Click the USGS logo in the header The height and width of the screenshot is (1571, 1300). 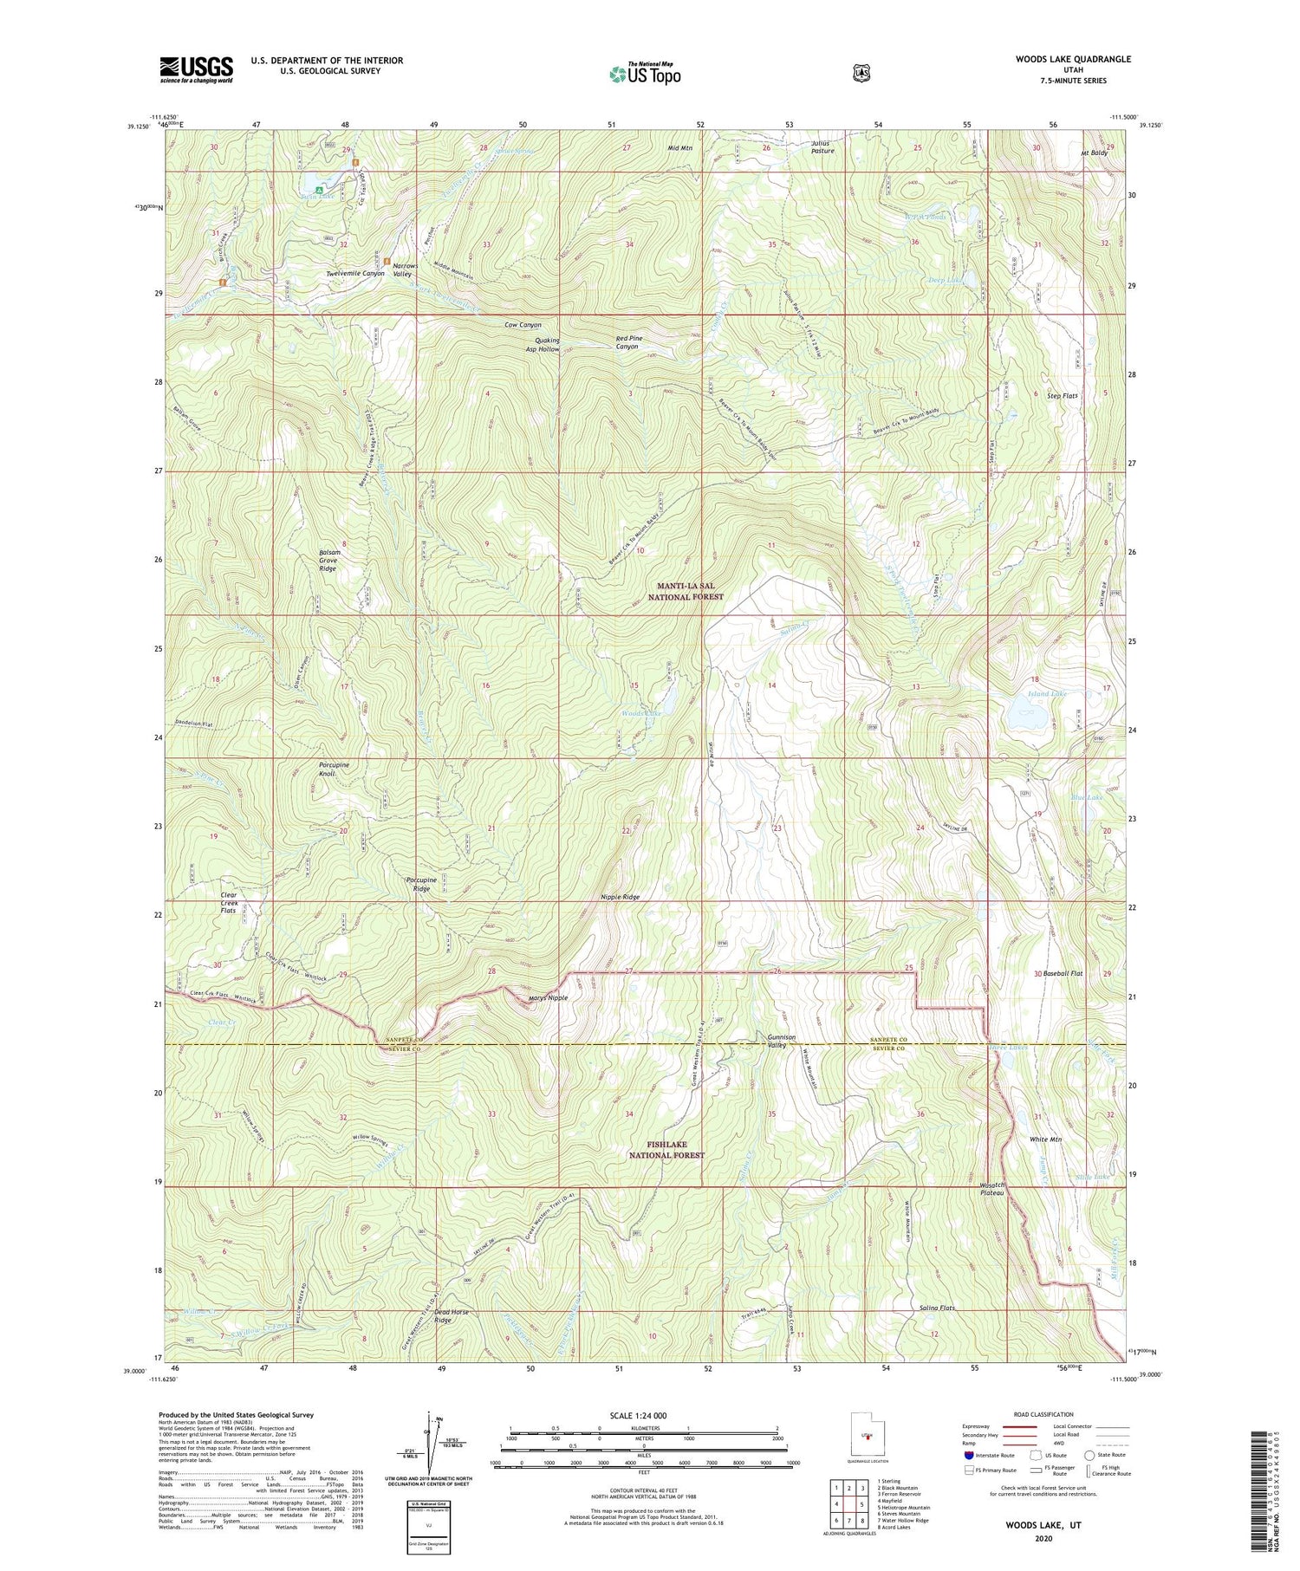[x=196, y=68]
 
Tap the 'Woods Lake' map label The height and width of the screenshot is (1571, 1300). [x=642, y=713]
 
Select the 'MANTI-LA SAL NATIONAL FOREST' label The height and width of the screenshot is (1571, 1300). [x=686, y=592]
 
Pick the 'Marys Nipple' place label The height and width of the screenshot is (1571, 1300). [x=548, y=997]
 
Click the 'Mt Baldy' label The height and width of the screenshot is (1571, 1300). [x=1094, y=153]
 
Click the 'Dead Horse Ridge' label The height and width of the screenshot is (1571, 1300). [x=452, y=1315]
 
